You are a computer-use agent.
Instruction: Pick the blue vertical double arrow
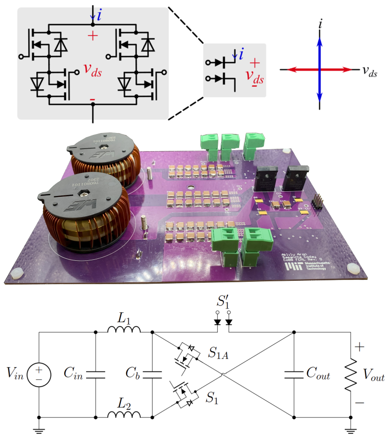[x=320, y=70]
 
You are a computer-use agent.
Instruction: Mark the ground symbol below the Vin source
[x=39, y=431]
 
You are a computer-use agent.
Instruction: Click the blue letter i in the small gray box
[x=242, y=55]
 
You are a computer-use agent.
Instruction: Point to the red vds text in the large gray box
[x=93, y=70]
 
